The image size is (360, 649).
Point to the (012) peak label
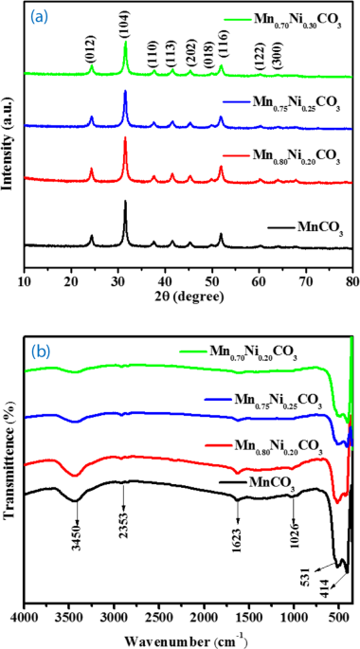pyautogui.click(x=90, y=52)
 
